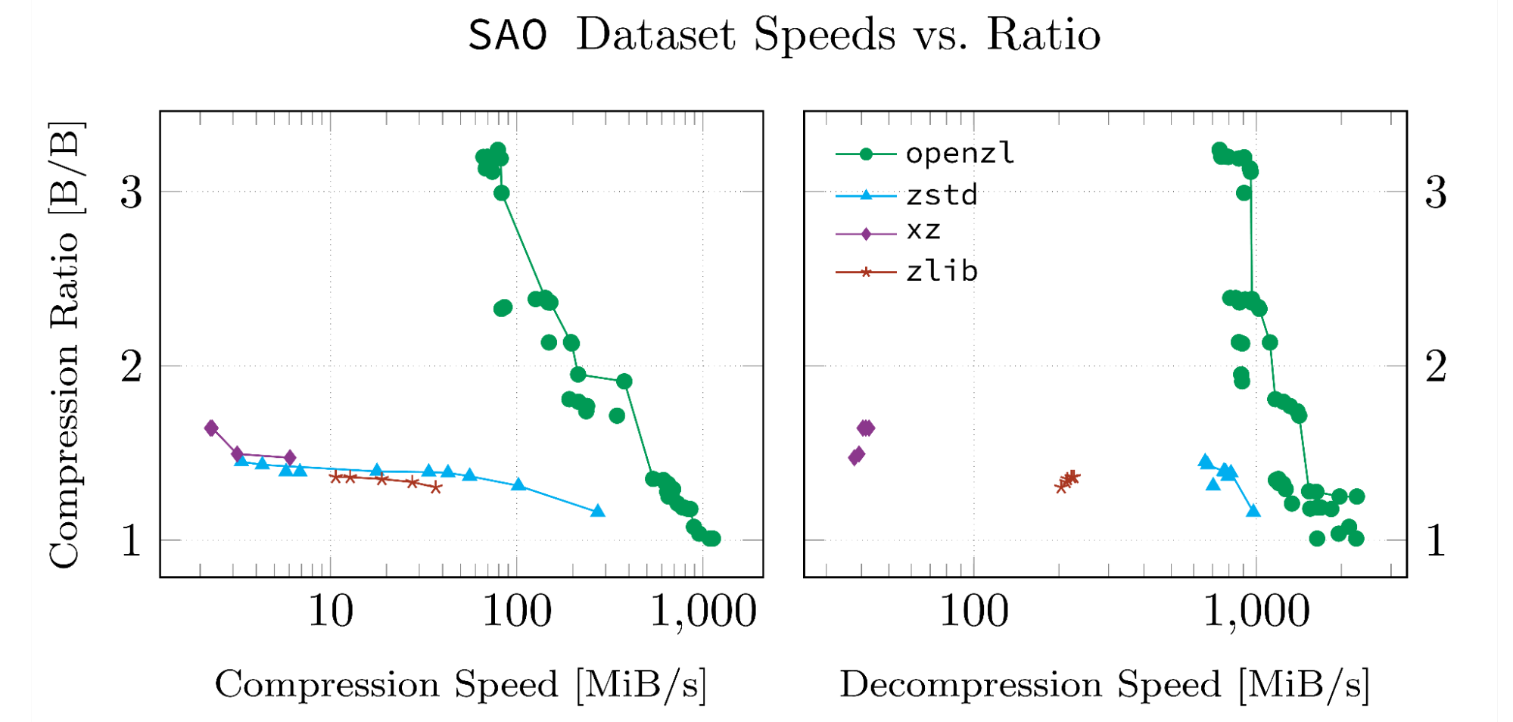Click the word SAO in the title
507,36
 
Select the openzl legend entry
959,154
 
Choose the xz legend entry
923,230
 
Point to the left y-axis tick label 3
131,193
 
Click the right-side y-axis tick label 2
1435,367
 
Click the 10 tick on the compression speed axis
330,612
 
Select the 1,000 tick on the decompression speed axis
1256,612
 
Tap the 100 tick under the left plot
517,612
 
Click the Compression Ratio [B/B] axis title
64,344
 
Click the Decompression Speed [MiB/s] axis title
1104,684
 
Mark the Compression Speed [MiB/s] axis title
460,684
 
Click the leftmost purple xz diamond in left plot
211,428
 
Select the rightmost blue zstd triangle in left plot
598,512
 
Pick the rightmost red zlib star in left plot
436,487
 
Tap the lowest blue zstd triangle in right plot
1253,512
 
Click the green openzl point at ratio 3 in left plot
501,193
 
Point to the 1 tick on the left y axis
131,541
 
